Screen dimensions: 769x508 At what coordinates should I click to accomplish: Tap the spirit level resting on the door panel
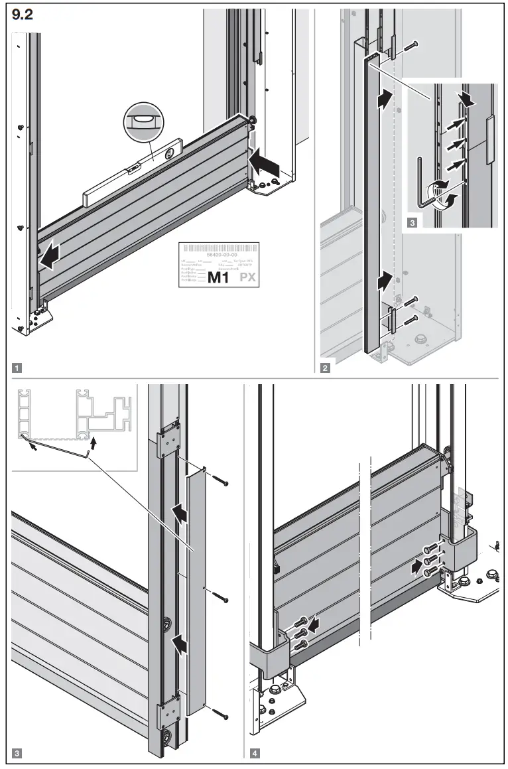tap(133, 173)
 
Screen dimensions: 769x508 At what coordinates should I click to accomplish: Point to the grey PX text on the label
tap(247, 277)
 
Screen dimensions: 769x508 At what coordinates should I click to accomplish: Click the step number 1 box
tap(17, 366)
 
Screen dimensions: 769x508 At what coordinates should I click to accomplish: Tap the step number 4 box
tap(256, 754)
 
